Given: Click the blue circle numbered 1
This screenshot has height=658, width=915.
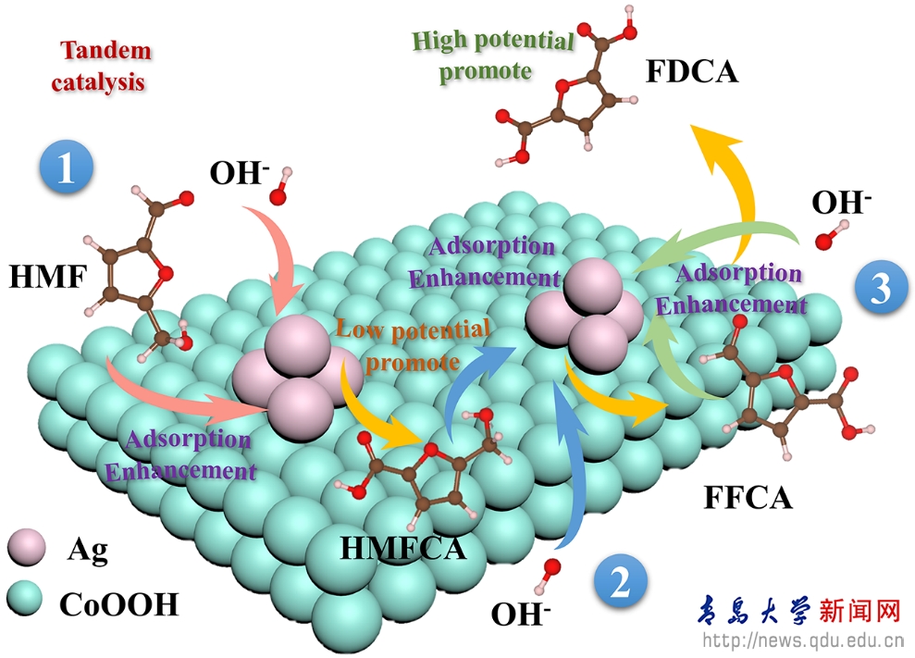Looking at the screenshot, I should (x=66, y=170).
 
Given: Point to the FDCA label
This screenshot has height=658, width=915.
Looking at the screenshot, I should (x=692, y=72).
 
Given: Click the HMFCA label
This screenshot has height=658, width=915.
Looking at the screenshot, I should (x=402, y=548).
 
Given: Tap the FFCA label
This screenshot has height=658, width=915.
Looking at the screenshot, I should (x=748, y=498).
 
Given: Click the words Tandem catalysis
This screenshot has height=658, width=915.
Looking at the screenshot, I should (x=104, y=66).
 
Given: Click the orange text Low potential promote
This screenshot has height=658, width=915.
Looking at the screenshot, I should (x=413, y=342).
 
